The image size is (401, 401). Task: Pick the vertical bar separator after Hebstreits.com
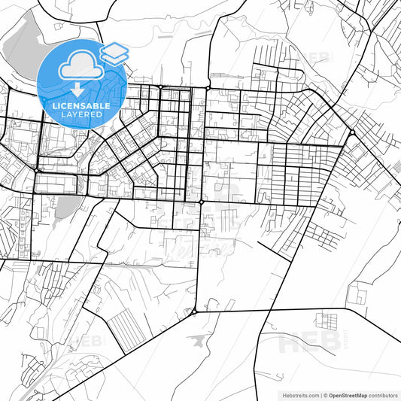(x=321, y=394)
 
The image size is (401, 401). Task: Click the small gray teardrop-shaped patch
(x=65, y=206)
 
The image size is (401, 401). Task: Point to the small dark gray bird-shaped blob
(x=197, y=341)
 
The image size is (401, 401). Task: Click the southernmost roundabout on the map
(x=194, y=311)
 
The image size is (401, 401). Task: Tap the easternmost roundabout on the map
(x=351, y=133)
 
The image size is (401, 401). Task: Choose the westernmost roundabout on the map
(x=35, y=171)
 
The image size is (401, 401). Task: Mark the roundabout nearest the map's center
(x=202, y=202)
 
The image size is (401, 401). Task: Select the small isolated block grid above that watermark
(x=325, y=320)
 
